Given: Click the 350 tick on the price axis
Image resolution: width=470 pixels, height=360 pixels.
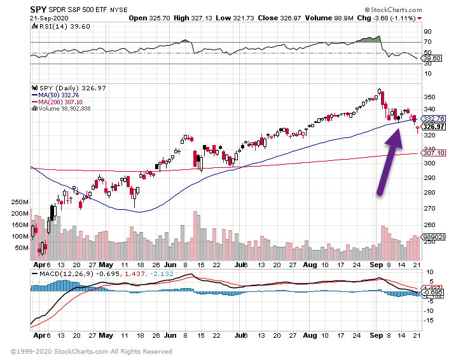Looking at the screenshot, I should pyautogui.click(x=429, y=97).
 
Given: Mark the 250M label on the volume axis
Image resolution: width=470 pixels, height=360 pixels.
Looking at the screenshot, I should pyautogui.click(x=20, y=202).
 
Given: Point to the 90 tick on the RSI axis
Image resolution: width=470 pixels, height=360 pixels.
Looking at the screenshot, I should pyautogui.click(x=427, y=31).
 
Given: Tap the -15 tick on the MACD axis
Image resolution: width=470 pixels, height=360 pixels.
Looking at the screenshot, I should pyautogui.click(x=429, y=321).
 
